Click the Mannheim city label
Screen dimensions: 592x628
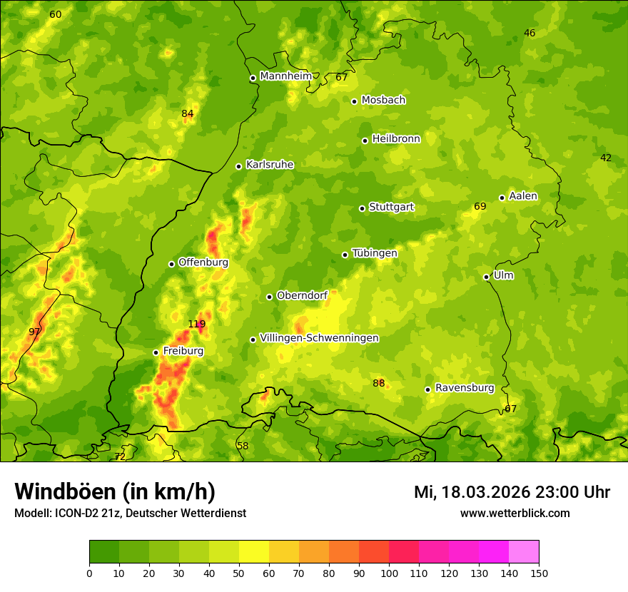[x=285, y=76]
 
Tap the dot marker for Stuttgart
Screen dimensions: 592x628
[x=362, y=208]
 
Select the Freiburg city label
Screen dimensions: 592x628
[x=183, y=351]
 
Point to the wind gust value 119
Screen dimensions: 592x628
[x=196, y=324]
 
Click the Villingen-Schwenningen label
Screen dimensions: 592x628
[x=319, y=338]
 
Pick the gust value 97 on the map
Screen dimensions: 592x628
[x=34, y=332]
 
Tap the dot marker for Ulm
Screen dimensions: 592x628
[x=486, y=277]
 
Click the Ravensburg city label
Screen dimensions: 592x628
[x=465, y=388]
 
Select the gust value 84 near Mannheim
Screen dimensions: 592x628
[x=187, y=113]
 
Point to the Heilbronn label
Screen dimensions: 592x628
[x=396, y=139]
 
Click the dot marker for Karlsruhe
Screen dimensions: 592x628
[x=238, y=166]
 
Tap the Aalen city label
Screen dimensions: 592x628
[x=523, y=196]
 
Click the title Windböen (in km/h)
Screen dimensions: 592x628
[x=115, y=491]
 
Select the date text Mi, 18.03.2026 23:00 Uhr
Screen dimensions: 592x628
[x=512, y=492]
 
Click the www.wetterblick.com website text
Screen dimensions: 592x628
[x=515, y=514]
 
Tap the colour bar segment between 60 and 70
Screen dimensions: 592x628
[x=284, y=552]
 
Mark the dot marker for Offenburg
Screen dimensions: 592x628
[x=171, y=264]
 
